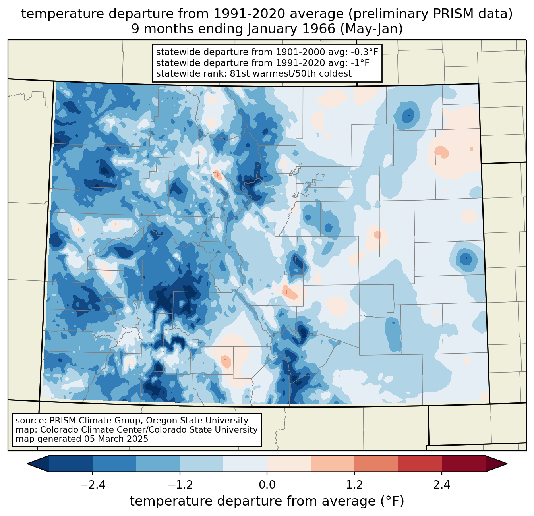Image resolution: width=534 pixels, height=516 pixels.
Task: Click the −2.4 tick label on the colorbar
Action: point(92,485)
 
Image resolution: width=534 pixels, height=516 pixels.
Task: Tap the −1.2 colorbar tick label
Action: point(180,485)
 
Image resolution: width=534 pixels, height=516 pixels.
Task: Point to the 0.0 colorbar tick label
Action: point(267,485)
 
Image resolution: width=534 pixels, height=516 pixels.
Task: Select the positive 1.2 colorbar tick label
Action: point(354,485)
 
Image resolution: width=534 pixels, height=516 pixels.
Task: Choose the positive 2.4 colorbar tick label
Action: point(441,485)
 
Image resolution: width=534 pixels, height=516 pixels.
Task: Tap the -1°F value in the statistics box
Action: point(360,63)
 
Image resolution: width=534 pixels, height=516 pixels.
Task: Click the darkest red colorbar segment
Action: point(463,464)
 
